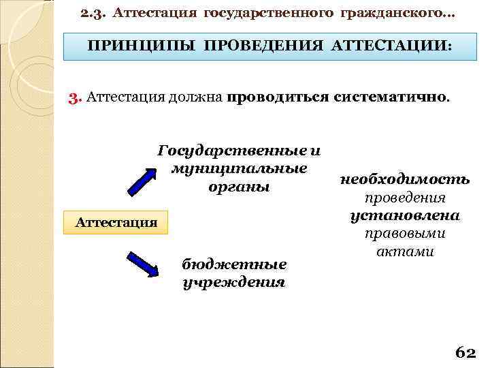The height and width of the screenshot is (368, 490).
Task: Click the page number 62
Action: click(465, 352)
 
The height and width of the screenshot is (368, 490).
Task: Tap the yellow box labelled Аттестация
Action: click(116, 222)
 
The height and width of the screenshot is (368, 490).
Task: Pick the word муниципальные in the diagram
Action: click(239, 168)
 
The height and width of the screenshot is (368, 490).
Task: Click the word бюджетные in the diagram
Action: click(234, 264)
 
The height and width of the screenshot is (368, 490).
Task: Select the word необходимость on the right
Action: click(405, 180)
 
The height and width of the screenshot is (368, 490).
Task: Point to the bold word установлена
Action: click(405, 215)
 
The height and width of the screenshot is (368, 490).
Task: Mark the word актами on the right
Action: click(405, 251)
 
